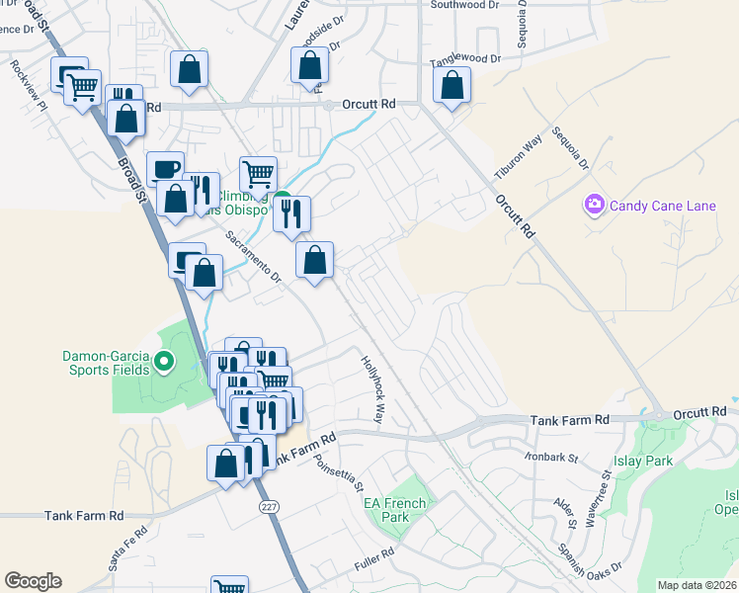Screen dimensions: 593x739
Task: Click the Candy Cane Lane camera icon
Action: click(595, 206)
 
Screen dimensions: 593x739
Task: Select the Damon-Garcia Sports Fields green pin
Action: click(165, 363)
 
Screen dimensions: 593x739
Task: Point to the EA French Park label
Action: click(395, 510)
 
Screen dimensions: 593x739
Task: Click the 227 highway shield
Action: click(268, 507)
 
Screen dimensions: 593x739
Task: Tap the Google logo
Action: click(33, 581)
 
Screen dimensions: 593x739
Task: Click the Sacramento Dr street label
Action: click(253, 259)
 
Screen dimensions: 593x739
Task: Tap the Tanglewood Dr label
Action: click(466, 62)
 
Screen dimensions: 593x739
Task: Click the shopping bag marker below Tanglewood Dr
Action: click(452, 86)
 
